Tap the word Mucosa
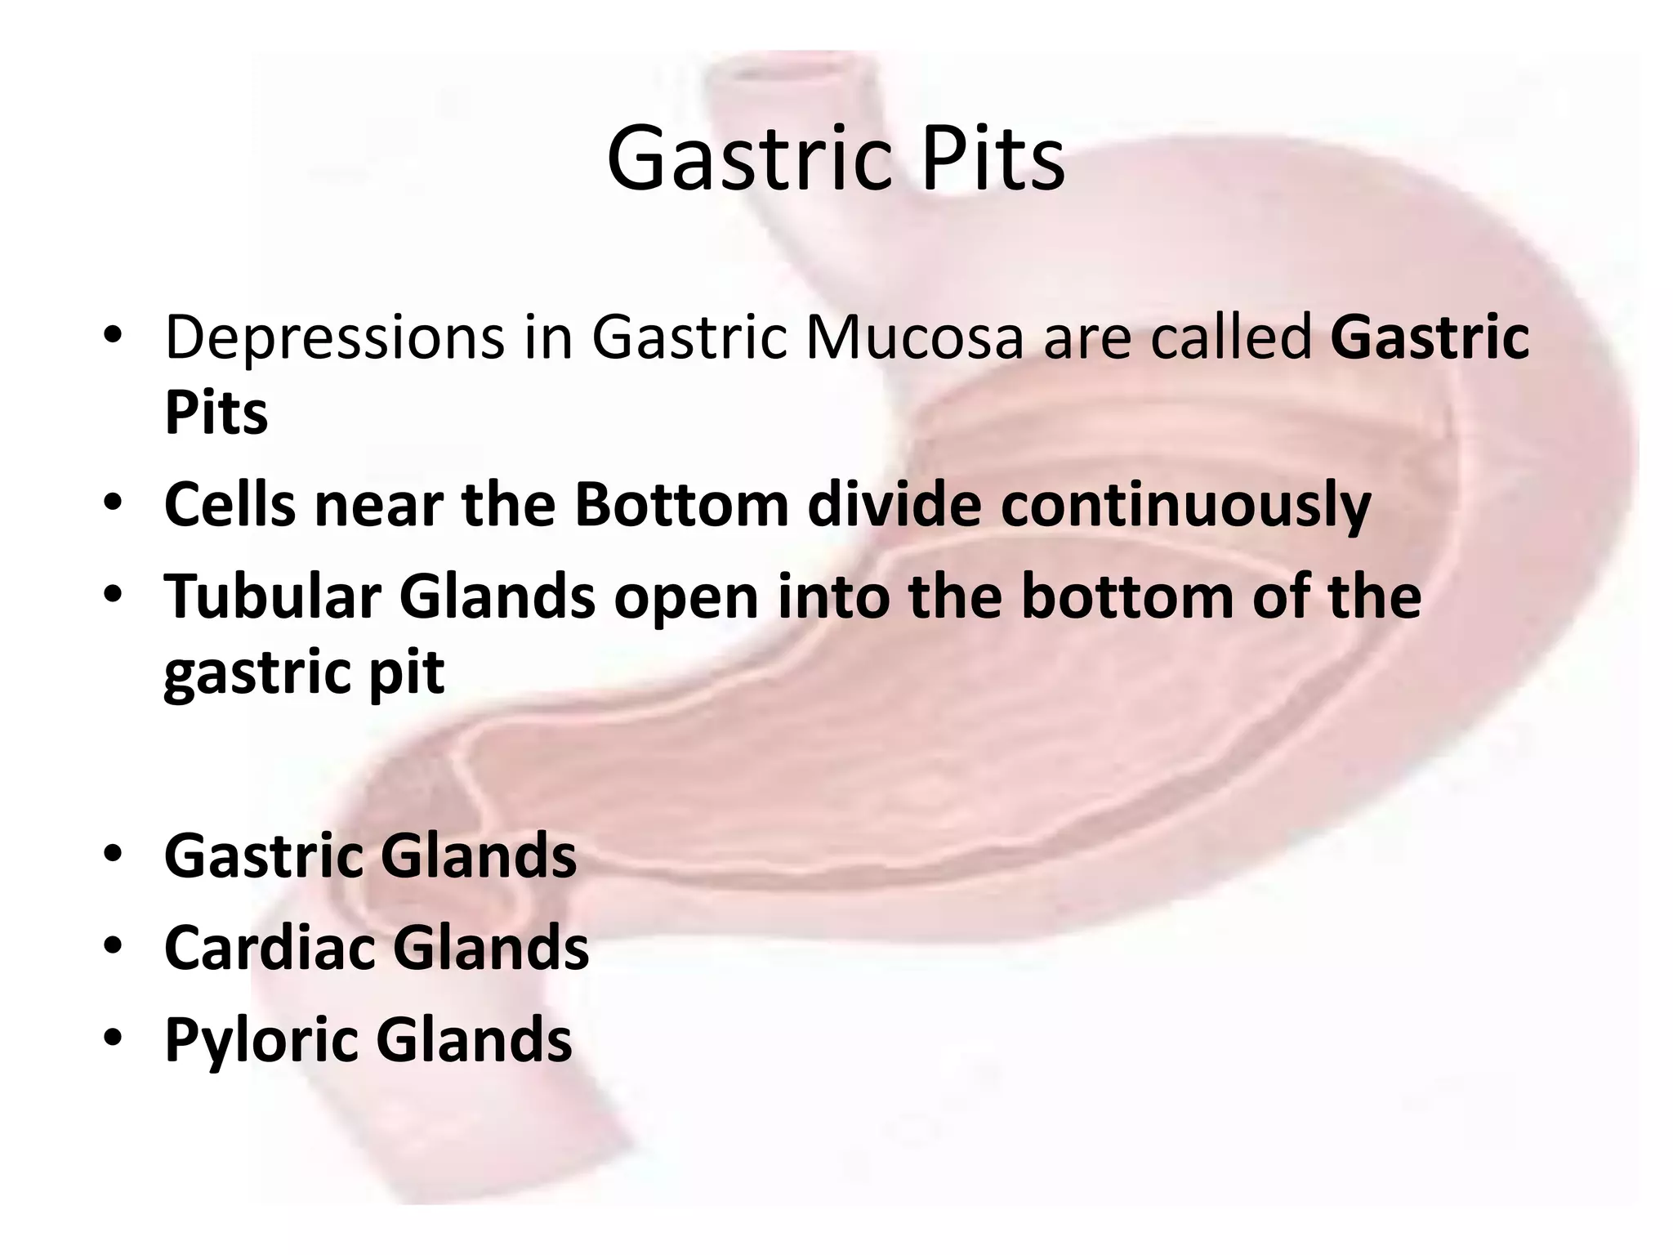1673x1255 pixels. (913, 337)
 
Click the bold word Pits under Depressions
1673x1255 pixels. (216, 412)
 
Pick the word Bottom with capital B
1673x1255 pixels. (681, 505)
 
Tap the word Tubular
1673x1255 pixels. (272, 596)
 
